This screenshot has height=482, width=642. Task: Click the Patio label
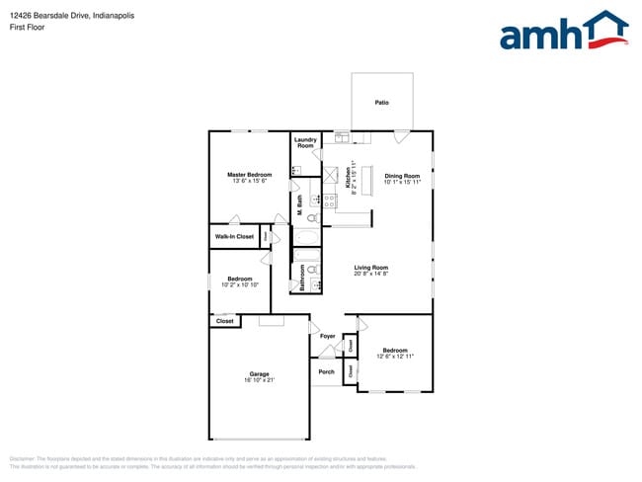click(x=380, y=103)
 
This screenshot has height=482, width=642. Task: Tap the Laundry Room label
click(x=305, y=142)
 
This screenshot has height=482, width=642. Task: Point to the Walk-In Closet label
click(x=234, y=236)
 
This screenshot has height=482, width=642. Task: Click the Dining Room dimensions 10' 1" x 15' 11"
click(x=402, y=182)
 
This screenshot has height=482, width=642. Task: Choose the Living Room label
click(x=371, y=268)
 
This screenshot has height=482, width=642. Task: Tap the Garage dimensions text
click(x=260, y=380)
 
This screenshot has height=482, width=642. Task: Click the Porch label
click(x=326, y=371)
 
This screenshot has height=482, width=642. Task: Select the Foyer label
click(x=327, y=337)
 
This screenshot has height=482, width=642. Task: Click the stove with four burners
click(x=330, y=201)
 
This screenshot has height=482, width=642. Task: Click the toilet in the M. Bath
click(x=312, y=216)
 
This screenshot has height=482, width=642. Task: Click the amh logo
click(x=564, y=31)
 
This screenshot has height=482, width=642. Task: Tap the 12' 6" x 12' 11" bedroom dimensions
click(x=395, y=356)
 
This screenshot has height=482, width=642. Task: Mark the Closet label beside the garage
click(x=225, y=321)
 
